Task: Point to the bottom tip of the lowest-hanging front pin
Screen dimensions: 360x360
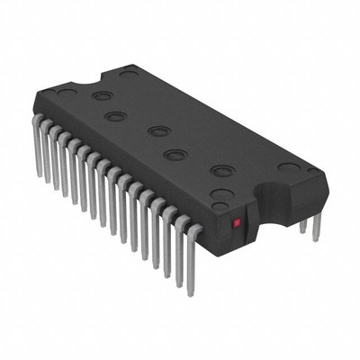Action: click(x=191, y=294)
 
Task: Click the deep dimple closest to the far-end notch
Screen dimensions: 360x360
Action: click(x=103, y=94)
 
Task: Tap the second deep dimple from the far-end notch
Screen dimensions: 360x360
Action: click(x=114, y=115)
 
